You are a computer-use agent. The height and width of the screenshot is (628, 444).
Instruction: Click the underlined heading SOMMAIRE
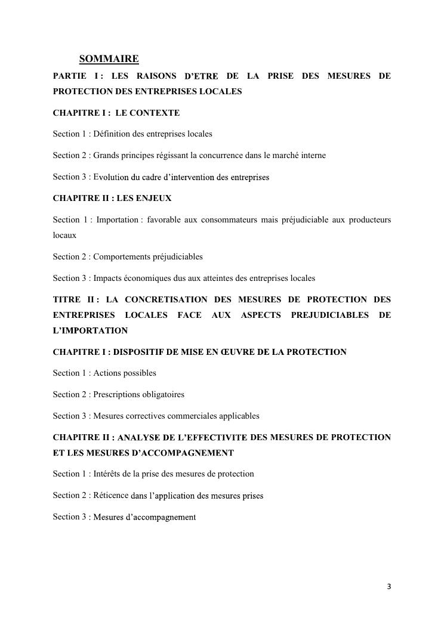109,59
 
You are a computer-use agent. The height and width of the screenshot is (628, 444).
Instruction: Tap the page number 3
389,586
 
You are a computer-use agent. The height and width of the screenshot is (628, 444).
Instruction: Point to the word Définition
113,134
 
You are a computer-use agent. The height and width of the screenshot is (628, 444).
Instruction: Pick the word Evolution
111,177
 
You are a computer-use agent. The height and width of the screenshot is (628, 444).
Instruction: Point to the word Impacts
107,278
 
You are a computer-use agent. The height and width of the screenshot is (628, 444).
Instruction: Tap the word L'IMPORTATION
90,330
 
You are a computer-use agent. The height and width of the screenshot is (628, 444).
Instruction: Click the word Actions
108,373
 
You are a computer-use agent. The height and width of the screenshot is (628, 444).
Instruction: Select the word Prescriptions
119,394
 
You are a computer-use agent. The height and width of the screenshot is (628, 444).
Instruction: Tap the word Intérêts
109,474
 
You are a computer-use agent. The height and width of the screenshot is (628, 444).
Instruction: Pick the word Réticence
110,496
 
